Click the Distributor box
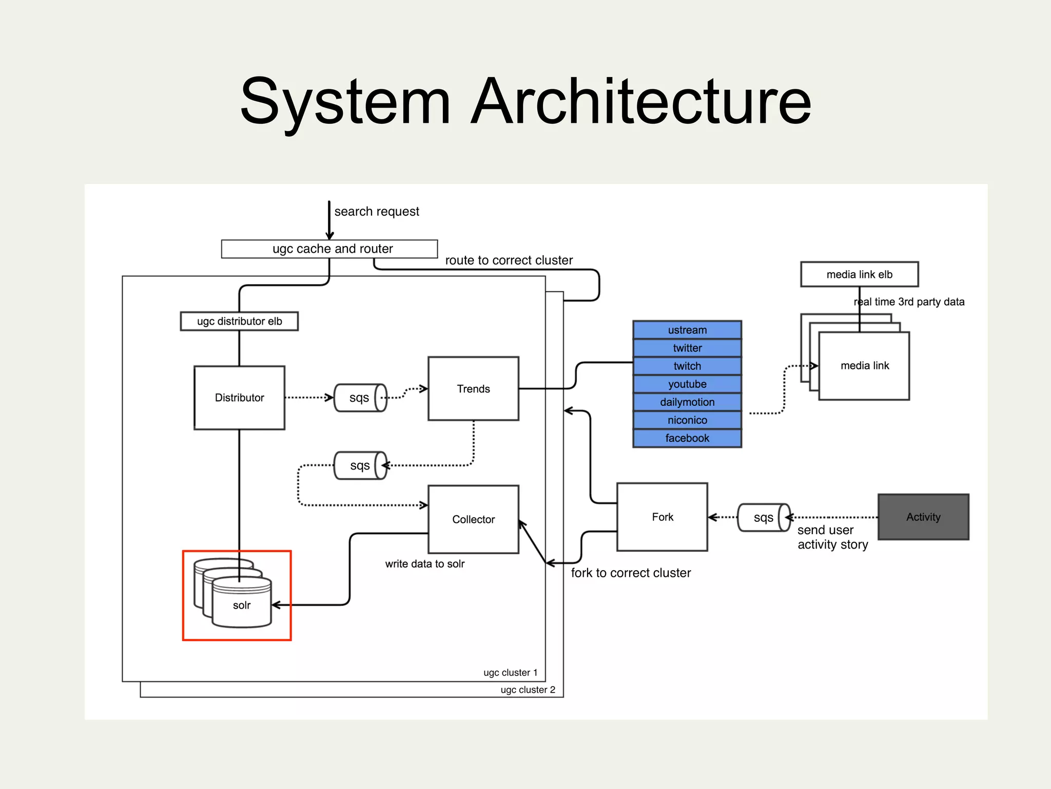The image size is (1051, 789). (239, 398)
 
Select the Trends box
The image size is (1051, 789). (473, 389)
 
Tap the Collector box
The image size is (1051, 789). (473, 519)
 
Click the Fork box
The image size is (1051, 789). (662, 517)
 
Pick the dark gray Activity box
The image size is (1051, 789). (923, 517)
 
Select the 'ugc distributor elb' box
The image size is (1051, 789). (239, 321)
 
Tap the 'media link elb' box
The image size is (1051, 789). (859, 274)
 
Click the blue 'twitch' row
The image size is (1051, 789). (687, 366)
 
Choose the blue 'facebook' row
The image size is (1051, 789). (687, 438)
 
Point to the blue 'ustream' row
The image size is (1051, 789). (687, 330)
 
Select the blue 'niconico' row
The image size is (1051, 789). (687, 420)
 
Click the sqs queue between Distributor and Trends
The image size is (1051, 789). (360, 398)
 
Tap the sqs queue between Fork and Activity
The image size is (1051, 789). (763, 517)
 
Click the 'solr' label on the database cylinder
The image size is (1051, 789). (242, 605)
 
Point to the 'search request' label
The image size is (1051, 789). (377, 212)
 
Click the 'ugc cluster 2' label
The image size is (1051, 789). (528, 690)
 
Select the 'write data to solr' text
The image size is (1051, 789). (424, 563)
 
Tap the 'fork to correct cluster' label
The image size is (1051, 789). (631, 573)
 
